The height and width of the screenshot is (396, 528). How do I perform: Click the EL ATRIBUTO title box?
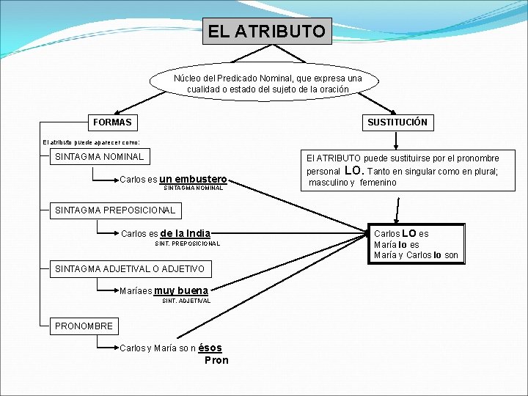267,32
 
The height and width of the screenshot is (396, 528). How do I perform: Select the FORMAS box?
113,122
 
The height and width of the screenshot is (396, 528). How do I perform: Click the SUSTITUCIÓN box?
397,122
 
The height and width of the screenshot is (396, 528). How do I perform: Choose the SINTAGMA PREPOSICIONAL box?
115,210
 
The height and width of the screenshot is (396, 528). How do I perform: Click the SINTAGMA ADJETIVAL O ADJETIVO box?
129,269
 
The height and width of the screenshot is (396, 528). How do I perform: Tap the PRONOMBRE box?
84,326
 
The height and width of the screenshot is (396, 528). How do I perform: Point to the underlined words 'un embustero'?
193,179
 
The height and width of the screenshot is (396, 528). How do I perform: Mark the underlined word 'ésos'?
210,348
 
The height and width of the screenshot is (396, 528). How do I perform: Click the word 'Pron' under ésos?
216,360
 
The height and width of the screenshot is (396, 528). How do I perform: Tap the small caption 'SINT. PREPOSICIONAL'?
188,243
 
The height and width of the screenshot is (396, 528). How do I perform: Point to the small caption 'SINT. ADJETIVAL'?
186,301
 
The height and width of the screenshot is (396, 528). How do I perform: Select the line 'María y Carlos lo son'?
416,255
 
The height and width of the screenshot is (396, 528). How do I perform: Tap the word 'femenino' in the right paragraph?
378,183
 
